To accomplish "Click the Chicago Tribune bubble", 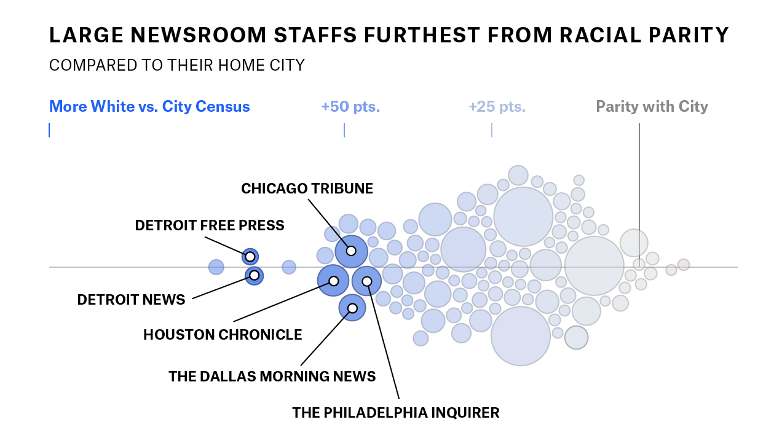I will click(351, 251).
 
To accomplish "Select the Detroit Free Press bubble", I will click(250, 257).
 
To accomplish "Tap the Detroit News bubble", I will click(254, 276).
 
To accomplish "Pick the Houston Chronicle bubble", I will click(333, 281).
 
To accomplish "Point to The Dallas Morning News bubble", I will click(352, 308).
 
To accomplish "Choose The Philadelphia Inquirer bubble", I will click(366, 281).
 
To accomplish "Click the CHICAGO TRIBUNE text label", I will click(307, 189).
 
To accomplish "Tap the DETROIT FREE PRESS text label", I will click(210, 225).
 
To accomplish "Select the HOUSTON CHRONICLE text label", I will click(223, 335).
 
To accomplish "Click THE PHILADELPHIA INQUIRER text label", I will click(395, 413).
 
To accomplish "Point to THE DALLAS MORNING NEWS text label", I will click(272, 377).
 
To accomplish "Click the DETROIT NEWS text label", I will click(131, 300).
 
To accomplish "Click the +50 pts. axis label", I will click(350, 107).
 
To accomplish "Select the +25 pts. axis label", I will click(497, 107).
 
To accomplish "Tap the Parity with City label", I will click(652, 107).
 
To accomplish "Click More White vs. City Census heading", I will click(149, 107).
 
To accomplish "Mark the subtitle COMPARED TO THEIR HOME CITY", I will click(176, 65).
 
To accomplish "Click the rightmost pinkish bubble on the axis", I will click(683, 265).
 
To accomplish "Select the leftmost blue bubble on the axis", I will click(216, 267).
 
